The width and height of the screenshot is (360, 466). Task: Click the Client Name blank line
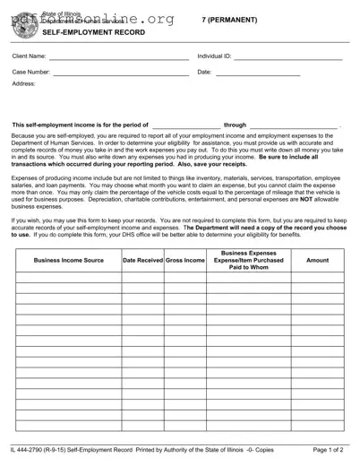point(119,58)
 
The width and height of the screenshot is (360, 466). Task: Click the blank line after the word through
point(293,126)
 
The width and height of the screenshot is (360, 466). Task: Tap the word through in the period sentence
point(235,125)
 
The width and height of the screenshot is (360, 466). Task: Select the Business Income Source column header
point(68,260)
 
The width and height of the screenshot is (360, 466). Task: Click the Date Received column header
point(143,260)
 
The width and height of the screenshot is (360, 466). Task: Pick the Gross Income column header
point(185,260)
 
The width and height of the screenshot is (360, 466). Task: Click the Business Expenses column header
point(248,260)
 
